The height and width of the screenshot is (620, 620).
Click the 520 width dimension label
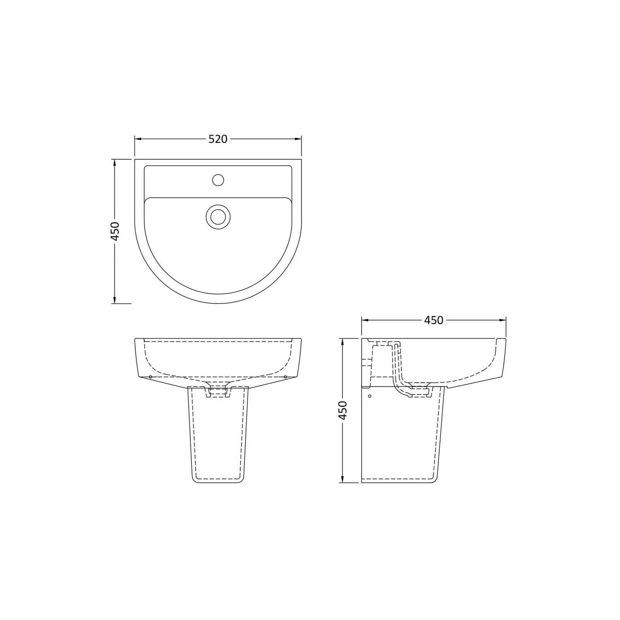pos(218,139)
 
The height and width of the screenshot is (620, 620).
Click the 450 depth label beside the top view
pos(115,231)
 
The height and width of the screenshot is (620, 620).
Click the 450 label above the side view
pos(434,320)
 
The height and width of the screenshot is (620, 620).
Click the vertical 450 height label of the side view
pos(343,410)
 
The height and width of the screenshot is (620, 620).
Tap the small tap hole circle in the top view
pos(218,180)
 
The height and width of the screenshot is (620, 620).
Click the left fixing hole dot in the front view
pos(150,377)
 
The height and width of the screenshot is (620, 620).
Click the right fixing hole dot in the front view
pos(286,377)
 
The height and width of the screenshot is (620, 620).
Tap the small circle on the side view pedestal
pos(370,396)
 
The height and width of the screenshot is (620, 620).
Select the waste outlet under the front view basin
pos(218,391)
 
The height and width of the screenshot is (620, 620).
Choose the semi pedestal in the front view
pos(218,438)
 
